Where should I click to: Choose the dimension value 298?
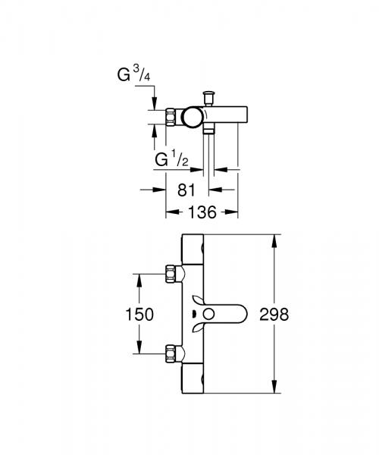pos(274,314)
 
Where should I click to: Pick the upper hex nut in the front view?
pos(174,273)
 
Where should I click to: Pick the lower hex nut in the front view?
pos(174,354)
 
